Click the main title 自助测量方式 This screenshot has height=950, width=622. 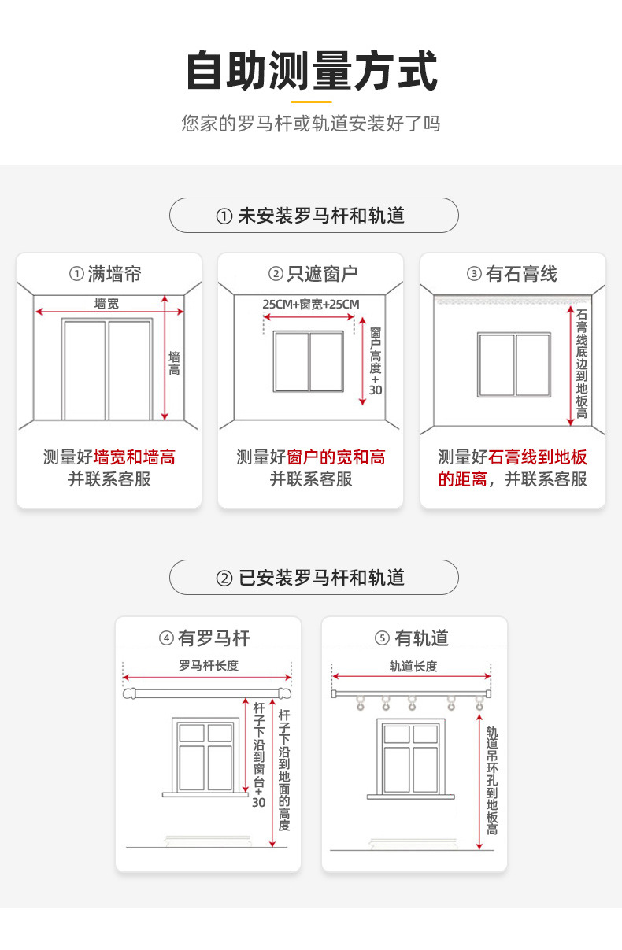(x=312, y=70)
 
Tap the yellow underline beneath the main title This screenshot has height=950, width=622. (x=311, y=102)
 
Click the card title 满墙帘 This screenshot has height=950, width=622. (x=106, y=274)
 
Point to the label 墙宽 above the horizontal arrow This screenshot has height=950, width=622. (x=106, y=303)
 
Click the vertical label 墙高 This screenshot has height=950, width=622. (x=174, y=364)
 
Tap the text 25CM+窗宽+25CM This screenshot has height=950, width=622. (x=311, y=305)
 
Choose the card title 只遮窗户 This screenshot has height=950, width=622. (x=313, y=274)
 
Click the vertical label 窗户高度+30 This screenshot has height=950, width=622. (x=376, y=361)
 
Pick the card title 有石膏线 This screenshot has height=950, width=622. (x=512, y=274)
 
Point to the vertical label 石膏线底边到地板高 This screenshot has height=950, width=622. (x=582, y=364)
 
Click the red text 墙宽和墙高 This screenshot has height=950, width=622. (x=134, y=457)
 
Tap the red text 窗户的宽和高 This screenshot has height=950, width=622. (x=336, y=457)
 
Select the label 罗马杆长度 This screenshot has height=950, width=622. (x=209, y=665)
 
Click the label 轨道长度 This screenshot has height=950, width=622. (x=413, y=667)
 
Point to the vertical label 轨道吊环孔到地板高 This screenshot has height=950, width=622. (x=492, y=781)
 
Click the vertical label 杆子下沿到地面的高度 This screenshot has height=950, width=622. (x=284, y=771)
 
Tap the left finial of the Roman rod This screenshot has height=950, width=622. (x=129, y=694)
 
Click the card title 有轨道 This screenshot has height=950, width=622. (x=412, y=638)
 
